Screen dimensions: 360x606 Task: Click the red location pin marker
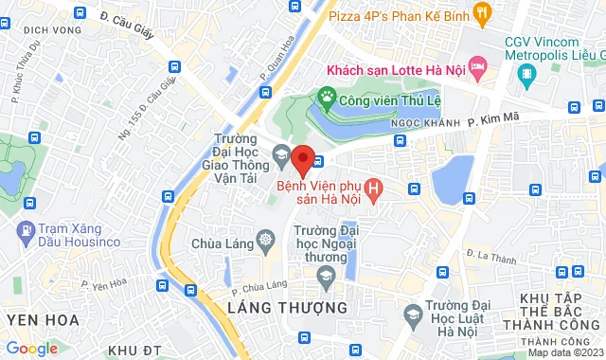[302, 159]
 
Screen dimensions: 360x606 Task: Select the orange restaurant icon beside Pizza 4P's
[482, 12]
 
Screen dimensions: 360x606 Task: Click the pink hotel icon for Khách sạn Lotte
[477, 67]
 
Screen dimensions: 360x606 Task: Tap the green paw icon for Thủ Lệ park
[328, 95]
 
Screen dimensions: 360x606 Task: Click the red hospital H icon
[376, 190]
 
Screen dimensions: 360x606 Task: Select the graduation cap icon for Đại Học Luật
[412, 314]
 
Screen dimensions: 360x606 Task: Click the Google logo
[30, 348]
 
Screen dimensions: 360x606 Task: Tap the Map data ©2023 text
[564, 352]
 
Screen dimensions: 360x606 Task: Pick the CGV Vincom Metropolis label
[552, 49]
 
